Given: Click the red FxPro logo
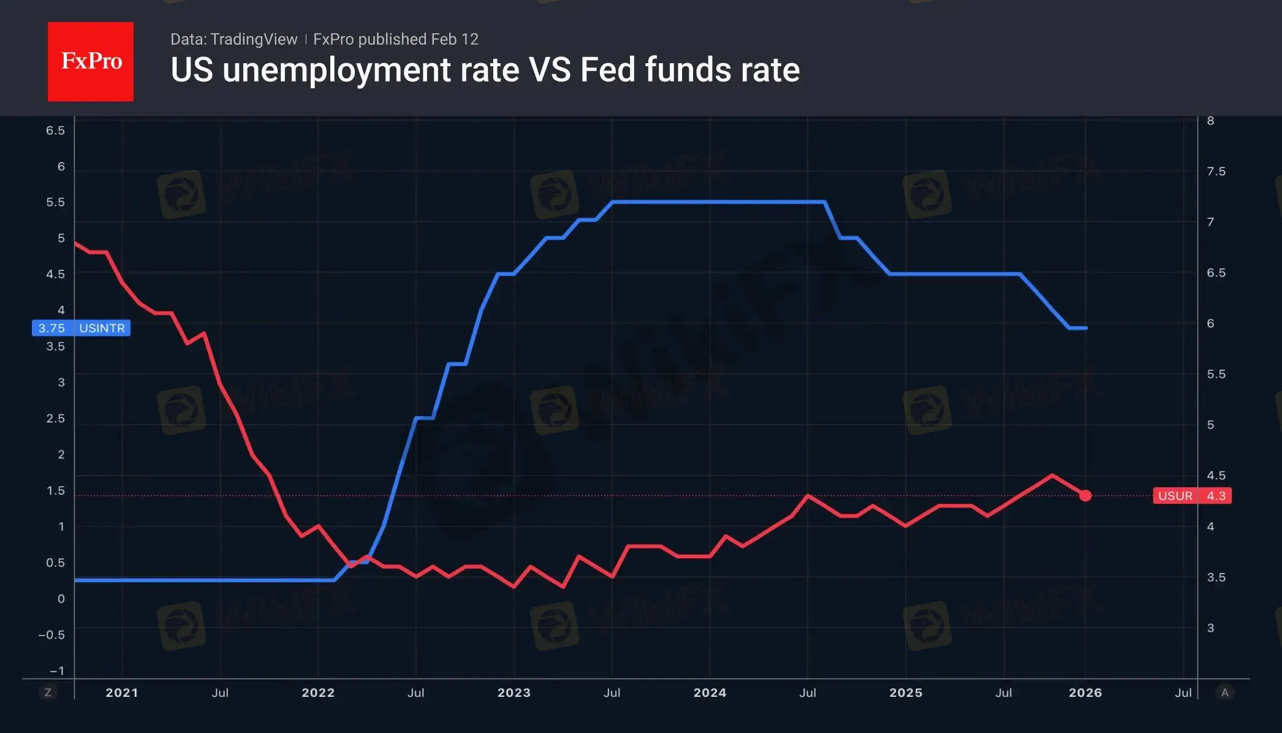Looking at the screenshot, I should pos(91,61).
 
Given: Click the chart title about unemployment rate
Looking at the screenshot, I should pos(485,70).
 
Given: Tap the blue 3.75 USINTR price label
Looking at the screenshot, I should pos(81,328).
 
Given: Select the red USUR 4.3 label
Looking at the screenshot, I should pos(1192,496).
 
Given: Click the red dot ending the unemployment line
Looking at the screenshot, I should pos(1085,495).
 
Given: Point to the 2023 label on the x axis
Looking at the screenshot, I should pos(514,693).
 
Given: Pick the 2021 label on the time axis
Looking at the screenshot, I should pos(122,693).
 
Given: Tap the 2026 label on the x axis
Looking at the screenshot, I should pos(1085,693).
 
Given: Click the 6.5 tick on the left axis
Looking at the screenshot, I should pos(55,131).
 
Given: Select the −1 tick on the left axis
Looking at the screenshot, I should pos(56,670).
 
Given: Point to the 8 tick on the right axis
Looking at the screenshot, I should pos(1210,121).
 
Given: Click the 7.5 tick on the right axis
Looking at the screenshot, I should pos(1216,172).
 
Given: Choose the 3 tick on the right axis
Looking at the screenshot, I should pos(1210,628).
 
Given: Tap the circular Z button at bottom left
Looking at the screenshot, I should pos(48,693).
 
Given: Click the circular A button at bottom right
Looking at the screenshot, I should pos(1224,693).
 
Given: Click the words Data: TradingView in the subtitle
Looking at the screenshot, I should pos(233,39).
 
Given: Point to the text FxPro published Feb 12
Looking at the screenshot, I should pos(396,39).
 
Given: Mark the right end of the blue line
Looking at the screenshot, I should pos(1086,328).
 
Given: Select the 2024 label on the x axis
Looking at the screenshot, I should pos(710,693).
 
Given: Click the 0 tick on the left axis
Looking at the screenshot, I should pos(61,599).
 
